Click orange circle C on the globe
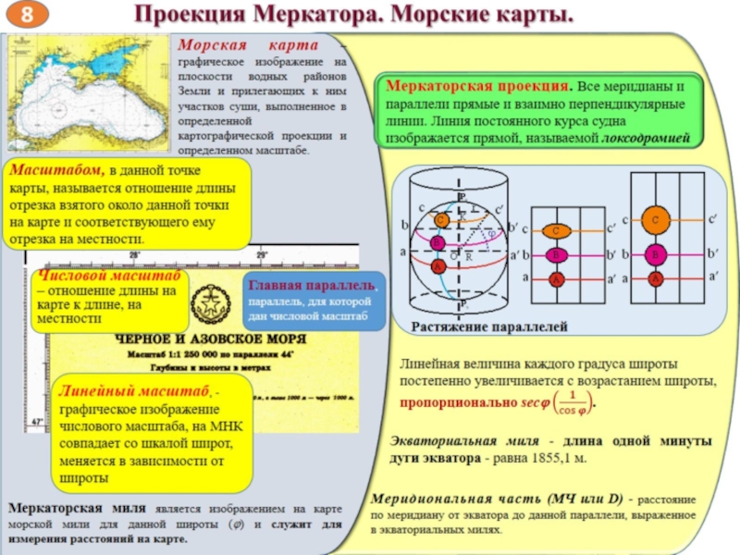442,219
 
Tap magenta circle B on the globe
437,243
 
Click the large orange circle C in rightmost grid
655,220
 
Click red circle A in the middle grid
555,277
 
